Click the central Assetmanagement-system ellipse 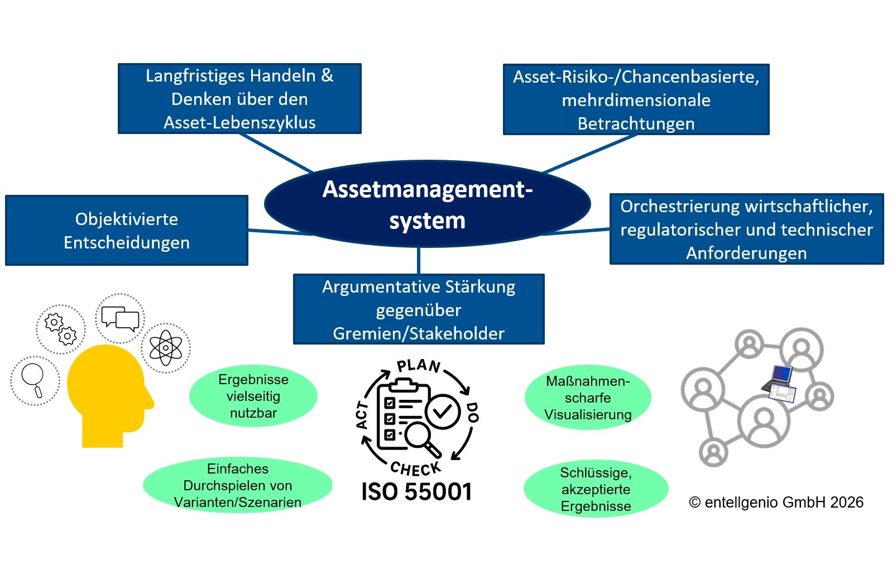(427, 204)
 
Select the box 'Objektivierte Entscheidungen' (127, 230)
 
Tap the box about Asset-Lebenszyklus (239, 99)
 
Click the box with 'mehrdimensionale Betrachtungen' (636, 100)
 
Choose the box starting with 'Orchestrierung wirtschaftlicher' (746, 229)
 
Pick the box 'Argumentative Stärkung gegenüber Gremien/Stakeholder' (419, 309)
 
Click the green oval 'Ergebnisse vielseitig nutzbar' (253, 396)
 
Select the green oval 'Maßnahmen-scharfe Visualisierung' (588, 398)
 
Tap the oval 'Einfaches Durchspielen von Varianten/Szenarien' (238, 485)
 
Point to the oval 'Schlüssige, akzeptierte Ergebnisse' (596, 489)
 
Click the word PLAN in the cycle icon (419, 366)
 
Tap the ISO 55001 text (416, 492)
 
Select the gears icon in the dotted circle (61, 329)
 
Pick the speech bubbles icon (120, 319)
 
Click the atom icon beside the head (166, 348)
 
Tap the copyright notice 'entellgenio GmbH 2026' (776, 502)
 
